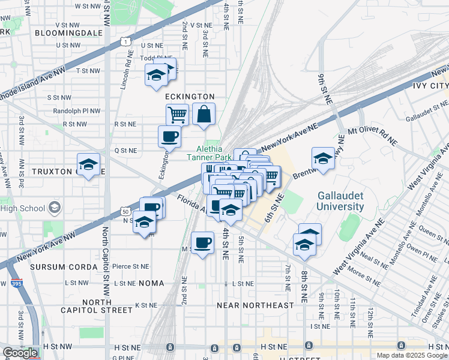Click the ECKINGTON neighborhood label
click(190, 96)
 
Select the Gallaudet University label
click(340, 201)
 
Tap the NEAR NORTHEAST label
click(256, 305)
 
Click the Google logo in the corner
click(20, 353)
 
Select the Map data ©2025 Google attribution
click(412, 355)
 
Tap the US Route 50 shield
click(125, 212)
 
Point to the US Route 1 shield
click(125, 41)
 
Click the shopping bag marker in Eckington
click(203, 114)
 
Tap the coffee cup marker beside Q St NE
click(169, 136)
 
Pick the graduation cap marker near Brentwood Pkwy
click(323, 158)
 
